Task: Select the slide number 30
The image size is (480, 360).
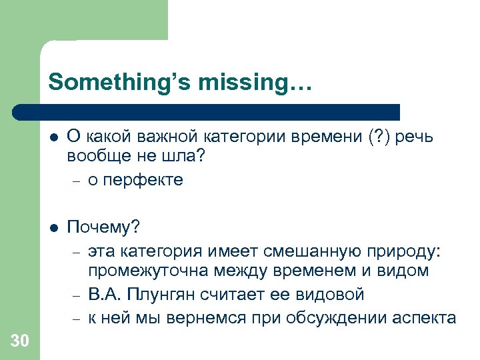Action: pos(20,341)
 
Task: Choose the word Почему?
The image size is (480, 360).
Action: pos(103,228)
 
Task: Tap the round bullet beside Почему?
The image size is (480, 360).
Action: pos(53,228)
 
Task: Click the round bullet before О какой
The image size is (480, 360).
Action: pos(53,137)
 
